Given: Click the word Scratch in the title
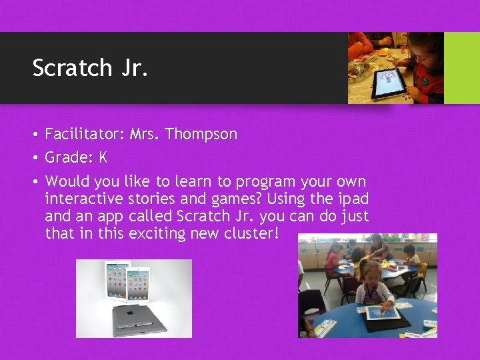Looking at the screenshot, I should [x=72, y=67].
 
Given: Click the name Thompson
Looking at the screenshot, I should [x=201, y=134].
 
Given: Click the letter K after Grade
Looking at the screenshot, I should [x=103, y=158].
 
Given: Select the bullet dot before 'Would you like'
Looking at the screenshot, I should [x=34, y=181].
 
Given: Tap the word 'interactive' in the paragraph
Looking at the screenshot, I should [x=84, y=199].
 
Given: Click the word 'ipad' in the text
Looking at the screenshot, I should [x=353, y=199].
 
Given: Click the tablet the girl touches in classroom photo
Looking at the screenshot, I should [x=382, y=312].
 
